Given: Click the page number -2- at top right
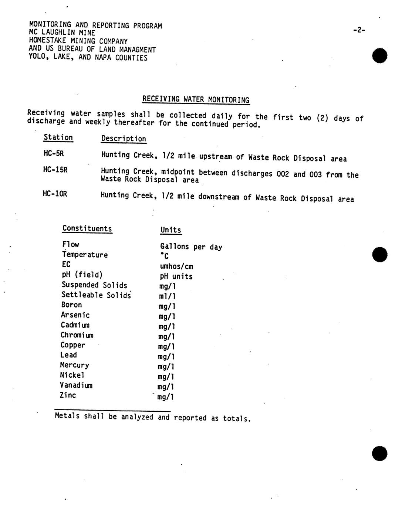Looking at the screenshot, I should (359, 30).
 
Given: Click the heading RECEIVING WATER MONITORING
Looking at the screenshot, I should (196, 99).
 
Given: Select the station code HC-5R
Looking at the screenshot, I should (54, 153).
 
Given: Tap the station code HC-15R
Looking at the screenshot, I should (55, 170).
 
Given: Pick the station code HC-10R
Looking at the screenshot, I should (55, 194).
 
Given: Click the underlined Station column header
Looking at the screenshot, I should (58, 137).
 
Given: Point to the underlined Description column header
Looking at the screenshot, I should (124, 139).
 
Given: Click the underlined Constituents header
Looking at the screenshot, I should (87, 228).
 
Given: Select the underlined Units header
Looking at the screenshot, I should (171, 230).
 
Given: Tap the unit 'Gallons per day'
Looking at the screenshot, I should (191, 247).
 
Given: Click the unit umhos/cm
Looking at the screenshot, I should (176, 266).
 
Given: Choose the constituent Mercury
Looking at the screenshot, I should (74, 365).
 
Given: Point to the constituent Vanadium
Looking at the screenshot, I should (76, 385).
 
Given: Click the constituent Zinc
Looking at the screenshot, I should (68, 395).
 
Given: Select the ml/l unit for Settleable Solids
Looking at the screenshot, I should (167, 296).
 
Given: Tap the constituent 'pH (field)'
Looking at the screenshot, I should (82, 275).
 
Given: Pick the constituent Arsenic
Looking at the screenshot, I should (75, 315).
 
